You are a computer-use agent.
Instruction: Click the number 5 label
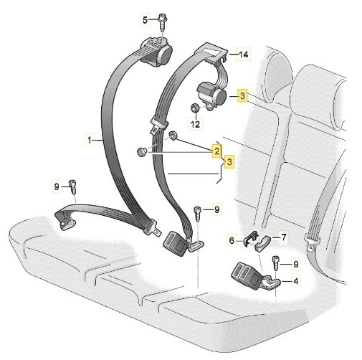[145, 20]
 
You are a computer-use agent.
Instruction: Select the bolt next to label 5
[163, 23]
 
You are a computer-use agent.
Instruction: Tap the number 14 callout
[243, 55]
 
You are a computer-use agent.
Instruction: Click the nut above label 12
[195, 108]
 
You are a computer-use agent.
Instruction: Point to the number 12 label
[195, 124]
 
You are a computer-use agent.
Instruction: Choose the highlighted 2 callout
[216, 151]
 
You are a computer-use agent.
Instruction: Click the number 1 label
[90, 140]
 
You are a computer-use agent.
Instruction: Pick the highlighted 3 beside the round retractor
[242, 96]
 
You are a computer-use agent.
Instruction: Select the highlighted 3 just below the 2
[229, 162]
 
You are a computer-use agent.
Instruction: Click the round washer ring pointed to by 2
[173, 136]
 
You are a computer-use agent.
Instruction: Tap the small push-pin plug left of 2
[141, 152]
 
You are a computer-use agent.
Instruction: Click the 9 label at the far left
[57, 186]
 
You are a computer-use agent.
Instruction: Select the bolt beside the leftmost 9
[72, 187]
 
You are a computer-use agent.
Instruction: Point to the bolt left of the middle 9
[198, 213]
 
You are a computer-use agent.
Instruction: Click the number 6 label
[232, 240]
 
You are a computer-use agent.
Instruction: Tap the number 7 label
[284, 237]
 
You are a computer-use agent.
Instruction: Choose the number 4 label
[296, 281]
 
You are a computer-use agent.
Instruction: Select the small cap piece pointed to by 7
[262, 243]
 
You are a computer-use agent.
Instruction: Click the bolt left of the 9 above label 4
[275, 262]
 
